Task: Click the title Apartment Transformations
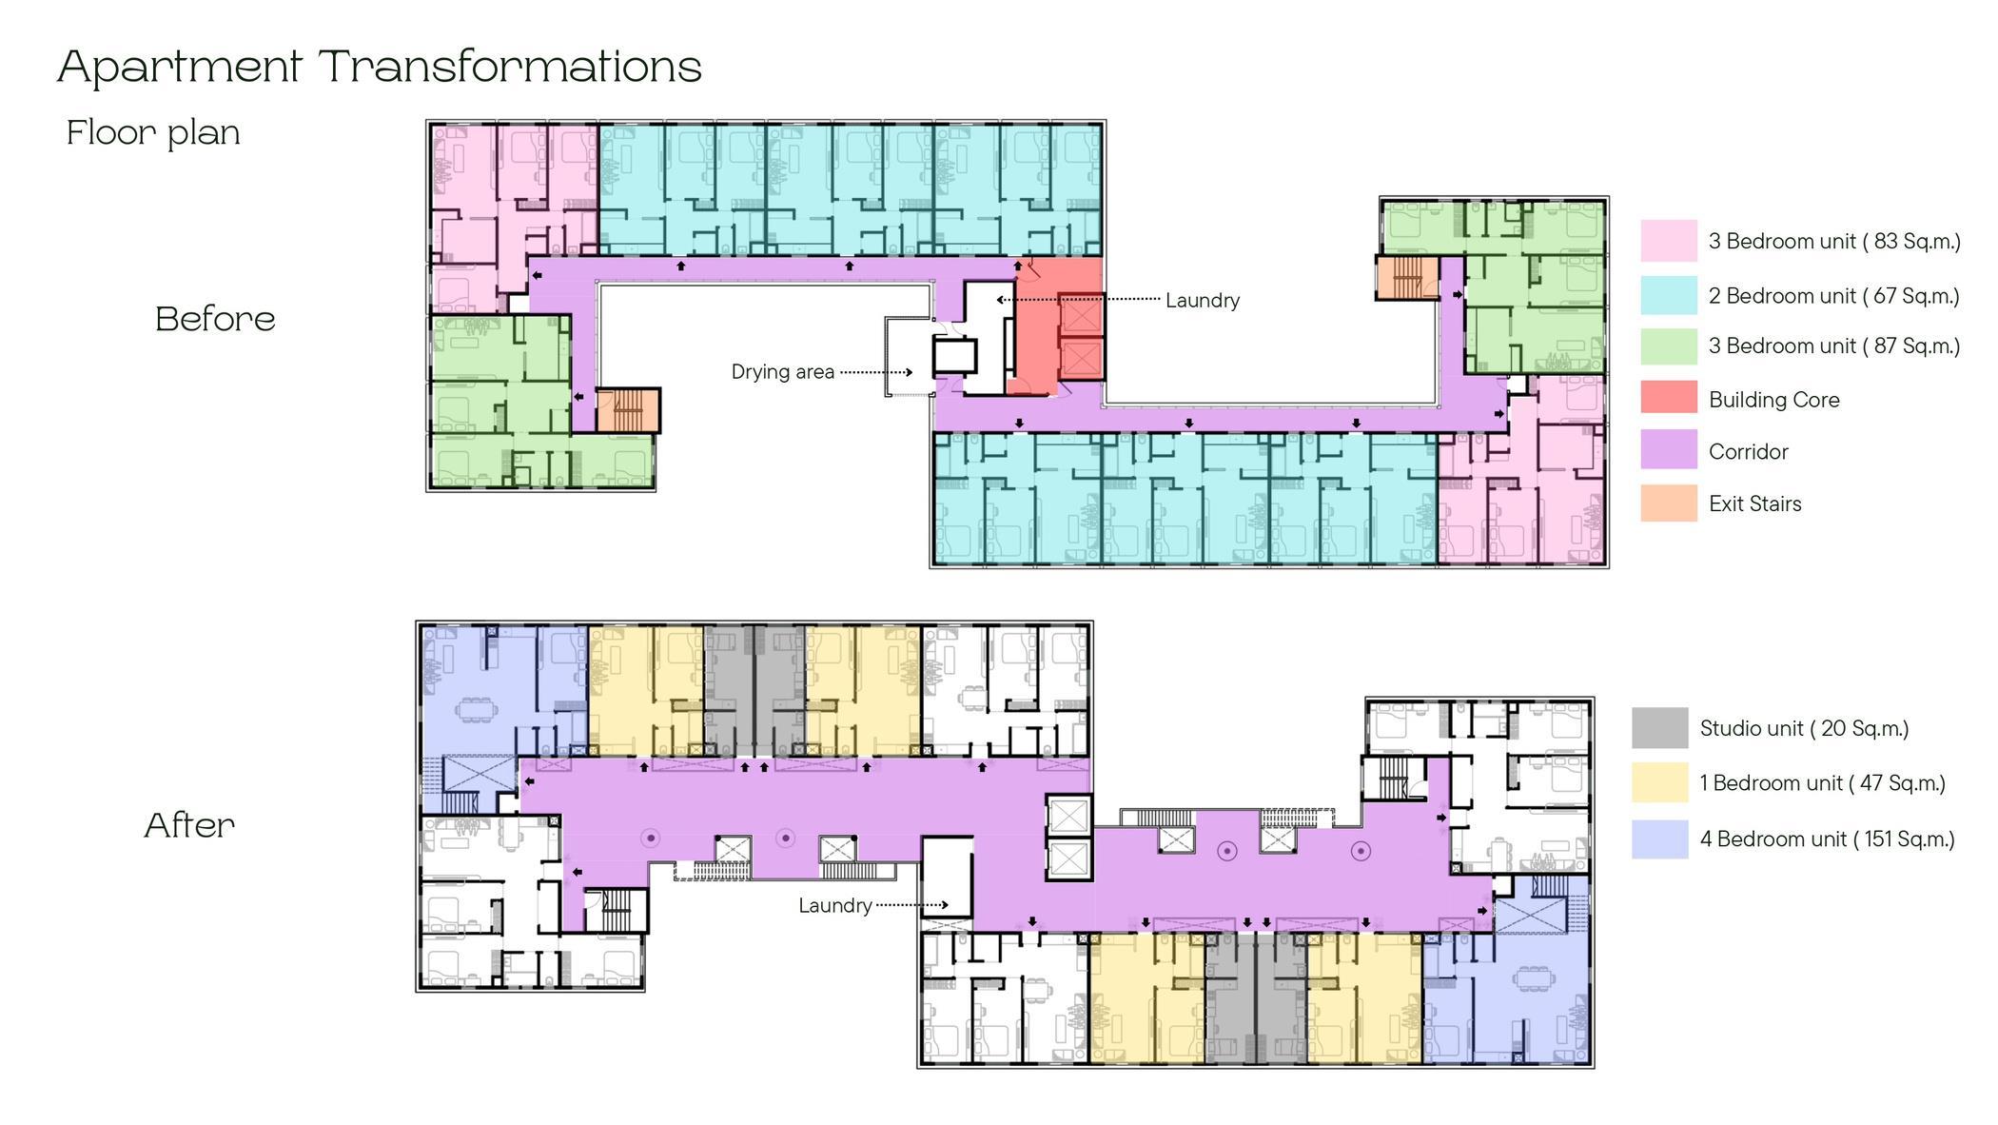point(379,67)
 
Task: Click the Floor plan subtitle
point(153,132)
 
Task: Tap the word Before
point(215,319)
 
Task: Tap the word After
point(189,825)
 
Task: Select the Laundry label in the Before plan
point(1203,301)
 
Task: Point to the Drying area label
point(782,372)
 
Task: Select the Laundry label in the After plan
point(834,905)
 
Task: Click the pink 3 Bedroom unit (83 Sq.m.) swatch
point(1668,241)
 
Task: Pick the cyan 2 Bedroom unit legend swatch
point(1668,295)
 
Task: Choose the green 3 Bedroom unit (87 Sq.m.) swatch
point(1668,346)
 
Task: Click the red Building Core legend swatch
point(1668,398)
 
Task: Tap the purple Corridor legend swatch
point(1668,450)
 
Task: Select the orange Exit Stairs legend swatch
point(1668,503)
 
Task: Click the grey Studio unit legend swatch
point(1659,728)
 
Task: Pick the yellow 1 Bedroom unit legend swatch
point(1659,782)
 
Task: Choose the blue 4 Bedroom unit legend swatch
point(1659,839)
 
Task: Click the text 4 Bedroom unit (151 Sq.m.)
point(1827,839)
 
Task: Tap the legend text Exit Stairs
point(1754,503)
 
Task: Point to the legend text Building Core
point(1773,400)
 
